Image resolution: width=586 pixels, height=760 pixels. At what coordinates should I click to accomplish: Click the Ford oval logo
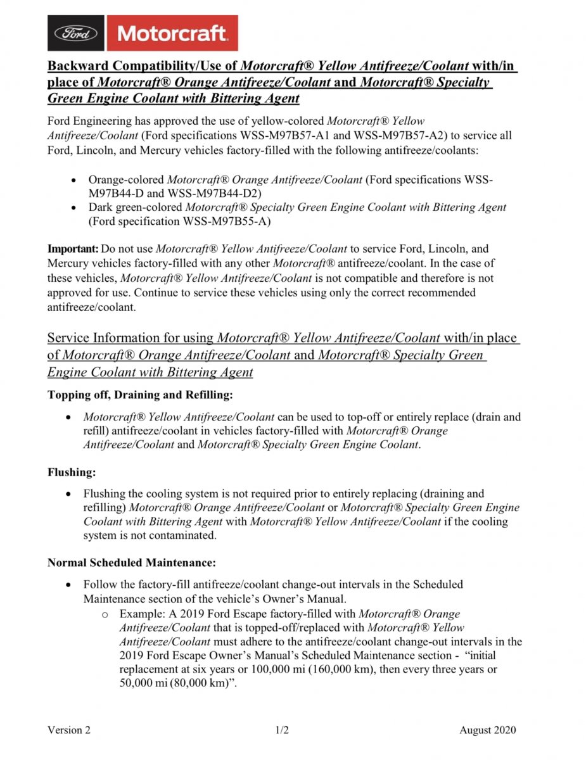pyautogui.click(x=75, y=34)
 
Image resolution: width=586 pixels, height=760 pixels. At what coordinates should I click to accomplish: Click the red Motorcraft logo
pyautogui.click(x=171, y=33)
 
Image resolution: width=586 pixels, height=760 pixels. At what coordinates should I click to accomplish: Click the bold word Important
pyautogui.click(x=73, y=249)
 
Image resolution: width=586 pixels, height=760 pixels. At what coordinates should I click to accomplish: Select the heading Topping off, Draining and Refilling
pyautogui.click(x=140, y=395)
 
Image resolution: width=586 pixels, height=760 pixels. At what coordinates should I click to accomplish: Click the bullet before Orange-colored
pyautogui.click(x=75, y=180)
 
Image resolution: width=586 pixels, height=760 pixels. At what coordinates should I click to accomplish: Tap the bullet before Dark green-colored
pyautogui.click(x=75, y=208)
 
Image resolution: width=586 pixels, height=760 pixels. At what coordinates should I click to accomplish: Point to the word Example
pyautogui.click(x=139, y=614)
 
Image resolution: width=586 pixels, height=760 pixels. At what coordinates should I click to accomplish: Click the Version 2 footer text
pyautogui.click(x=69, y=730)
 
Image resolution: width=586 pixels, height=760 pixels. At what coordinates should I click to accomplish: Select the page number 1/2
pyautogui.click(x=283, y=730)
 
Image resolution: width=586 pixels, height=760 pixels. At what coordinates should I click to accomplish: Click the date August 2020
pyautogui.click(x=488, y=730)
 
